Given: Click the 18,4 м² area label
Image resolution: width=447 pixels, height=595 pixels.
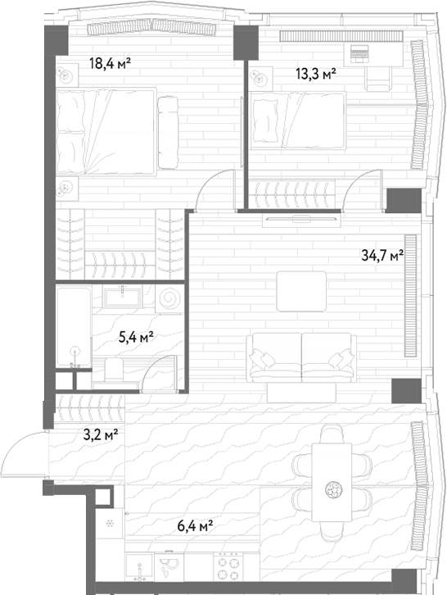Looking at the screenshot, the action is click(110, 63).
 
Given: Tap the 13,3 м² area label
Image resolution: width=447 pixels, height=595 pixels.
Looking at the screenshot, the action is click(316, 74).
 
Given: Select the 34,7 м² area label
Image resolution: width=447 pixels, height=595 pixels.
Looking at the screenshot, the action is click(382, 256).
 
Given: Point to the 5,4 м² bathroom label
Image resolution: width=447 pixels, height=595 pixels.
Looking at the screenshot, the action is click(136, 337).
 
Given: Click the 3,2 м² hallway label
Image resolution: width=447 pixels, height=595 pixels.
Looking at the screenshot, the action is click(101, 435).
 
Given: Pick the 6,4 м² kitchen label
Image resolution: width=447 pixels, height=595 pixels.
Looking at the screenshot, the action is click(195, 526).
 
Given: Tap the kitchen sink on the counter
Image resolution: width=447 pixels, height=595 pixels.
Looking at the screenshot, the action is click(140, 567).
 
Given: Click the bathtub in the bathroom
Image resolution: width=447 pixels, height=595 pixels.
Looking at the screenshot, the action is click(74, 327).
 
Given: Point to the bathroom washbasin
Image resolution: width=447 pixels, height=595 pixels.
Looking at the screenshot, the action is click(122, 297).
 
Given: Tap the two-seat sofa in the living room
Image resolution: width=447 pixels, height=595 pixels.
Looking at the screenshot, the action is click(301, 357).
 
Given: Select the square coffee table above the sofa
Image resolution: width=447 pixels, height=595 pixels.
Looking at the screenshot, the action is click(301, 291).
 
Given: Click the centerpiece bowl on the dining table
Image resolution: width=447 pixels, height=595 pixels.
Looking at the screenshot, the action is click(332, 489).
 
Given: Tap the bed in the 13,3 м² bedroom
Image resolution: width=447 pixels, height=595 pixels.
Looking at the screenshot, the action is click(297, 120).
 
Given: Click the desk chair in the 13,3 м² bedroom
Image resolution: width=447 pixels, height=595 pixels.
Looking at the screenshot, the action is click(377, 78).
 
